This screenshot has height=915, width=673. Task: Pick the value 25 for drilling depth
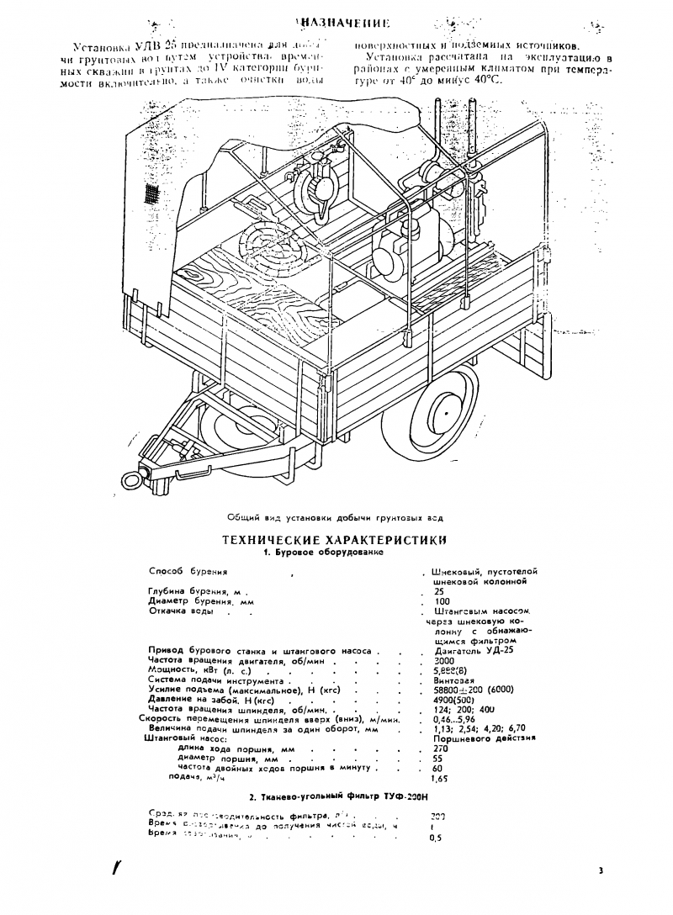[438, 591]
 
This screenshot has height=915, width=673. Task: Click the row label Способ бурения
[188, 571]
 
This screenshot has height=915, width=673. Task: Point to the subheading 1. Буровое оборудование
[324, 553]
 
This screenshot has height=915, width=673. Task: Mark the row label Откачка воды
[181, 611]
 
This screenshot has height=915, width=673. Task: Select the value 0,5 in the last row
[436, 838]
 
